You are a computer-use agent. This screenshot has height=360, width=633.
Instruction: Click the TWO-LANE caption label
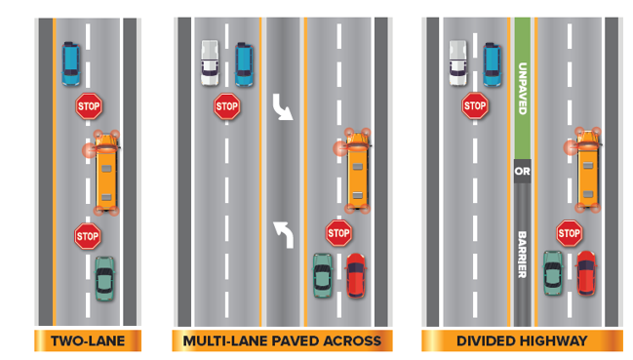(89, 340)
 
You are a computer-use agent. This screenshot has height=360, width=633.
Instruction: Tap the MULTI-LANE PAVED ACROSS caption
(283, 340)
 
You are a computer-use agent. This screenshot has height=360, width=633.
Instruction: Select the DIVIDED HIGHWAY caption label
(521, 340)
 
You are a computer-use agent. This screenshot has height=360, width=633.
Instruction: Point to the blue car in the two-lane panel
(71, 61)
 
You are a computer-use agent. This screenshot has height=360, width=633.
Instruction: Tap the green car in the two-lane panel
(104, 278)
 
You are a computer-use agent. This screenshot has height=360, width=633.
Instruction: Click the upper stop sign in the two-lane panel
(89, 105)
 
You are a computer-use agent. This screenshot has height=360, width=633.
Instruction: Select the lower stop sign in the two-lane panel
(88, 235)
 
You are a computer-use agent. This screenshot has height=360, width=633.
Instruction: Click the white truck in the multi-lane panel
(210, 61)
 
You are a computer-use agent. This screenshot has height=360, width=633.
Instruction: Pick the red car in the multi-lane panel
(356, 274)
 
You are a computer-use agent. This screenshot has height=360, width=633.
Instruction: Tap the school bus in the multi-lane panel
(359, 171)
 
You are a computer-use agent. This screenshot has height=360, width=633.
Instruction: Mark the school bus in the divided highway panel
(588, 170)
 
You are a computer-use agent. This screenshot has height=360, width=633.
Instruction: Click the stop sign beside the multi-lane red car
(338, 232)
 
